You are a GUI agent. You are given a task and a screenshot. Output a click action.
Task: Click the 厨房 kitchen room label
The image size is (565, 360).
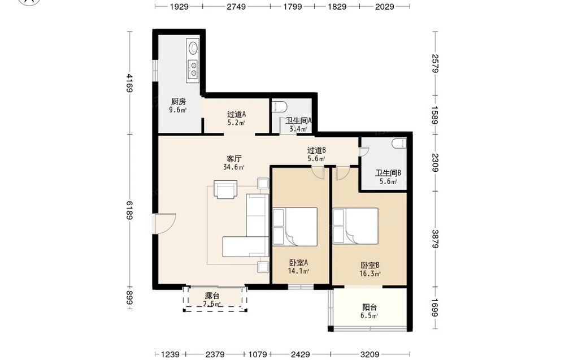(x=179, y=102)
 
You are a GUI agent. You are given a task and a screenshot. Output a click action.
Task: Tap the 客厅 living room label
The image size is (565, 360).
(x=234, y=159)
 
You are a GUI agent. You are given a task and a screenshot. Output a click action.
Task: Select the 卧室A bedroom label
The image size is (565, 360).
(x=298, y=263)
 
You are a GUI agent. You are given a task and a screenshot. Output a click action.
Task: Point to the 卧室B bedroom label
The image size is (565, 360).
(x=370, y=266)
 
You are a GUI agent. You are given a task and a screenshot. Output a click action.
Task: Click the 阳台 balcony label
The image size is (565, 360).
(x=370, y=307)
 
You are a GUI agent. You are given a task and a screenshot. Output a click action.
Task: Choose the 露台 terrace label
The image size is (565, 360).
(x=212, y=296)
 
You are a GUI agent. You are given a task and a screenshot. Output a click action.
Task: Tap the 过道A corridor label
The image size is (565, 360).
(x=236, y=114)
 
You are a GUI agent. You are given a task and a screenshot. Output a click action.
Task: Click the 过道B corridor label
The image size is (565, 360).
(x=316, y=150)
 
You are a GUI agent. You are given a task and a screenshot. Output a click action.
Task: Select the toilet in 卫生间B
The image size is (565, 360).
(x=399, y=144)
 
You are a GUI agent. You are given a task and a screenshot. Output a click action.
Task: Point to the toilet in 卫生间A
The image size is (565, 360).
(x=280, y=107)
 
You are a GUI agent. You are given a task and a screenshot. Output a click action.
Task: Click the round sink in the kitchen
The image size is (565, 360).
(x=193, y=47)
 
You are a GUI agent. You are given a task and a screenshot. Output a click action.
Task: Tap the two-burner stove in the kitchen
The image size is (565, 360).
(x=193, y=69)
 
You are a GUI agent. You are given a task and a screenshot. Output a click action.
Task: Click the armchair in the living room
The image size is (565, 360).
(x=225, y=189)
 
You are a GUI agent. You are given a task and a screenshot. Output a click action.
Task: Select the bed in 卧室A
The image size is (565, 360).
(x=295, y=227)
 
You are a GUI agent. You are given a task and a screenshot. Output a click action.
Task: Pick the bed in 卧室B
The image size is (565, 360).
(x=355, y=226)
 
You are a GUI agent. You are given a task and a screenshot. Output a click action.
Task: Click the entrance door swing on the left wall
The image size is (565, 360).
(x=164, y=224)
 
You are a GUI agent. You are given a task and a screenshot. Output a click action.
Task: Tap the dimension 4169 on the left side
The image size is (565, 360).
(x=129, y=83)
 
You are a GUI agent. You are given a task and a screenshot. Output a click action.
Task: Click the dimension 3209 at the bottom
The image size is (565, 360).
(x=370, y=354)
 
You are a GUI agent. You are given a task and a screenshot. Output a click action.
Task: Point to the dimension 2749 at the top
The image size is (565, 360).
(x=236, y=6)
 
